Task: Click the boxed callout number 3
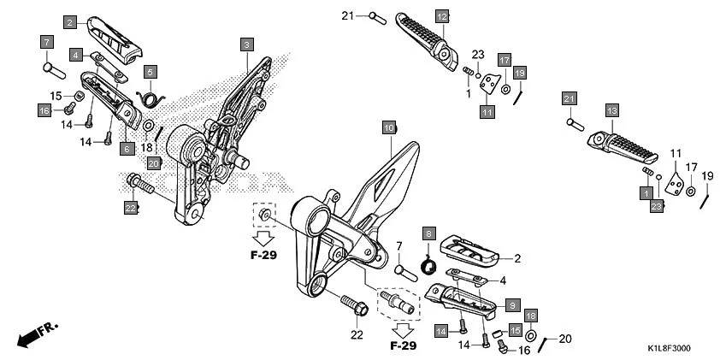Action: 246,44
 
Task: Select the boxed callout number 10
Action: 389,128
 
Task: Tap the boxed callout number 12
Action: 441,16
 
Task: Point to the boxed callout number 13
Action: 611,110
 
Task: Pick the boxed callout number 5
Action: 150,72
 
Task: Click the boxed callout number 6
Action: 127,149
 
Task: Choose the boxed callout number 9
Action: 511,304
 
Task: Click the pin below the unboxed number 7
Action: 404,271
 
